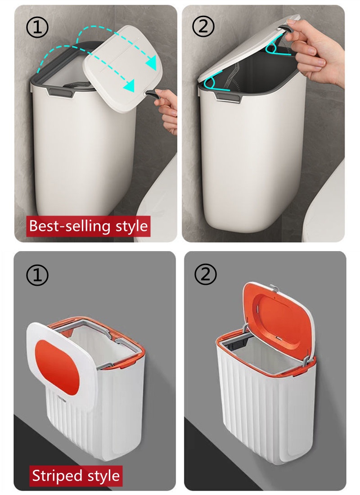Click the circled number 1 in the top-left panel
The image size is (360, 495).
click(38, 28)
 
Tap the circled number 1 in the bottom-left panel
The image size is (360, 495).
click(38, 275)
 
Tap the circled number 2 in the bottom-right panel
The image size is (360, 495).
click(206, 274)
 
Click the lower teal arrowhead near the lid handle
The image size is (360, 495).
click(130, 85)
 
